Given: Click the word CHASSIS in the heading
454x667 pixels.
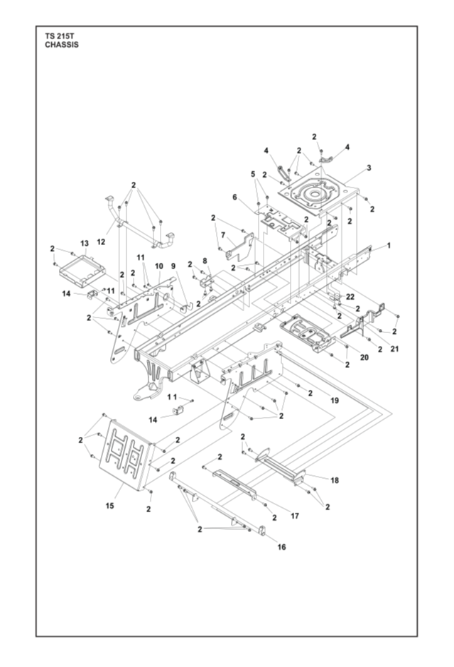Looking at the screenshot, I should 61,44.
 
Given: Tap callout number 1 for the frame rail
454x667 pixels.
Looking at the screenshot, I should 389,245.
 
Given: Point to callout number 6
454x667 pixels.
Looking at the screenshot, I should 234,198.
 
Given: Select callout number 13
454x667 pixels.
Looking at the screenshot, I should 85,242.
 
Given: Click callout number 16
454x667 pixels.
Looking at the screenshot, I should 281,547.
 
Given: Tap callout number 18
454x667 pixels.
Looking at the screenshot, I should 334,480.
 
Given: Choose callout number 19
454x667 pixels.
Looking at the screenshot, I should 334,401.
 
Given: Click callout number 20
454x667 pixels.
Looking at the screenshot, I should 364,357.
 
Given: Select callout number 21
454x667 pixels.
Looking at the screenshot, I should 395,349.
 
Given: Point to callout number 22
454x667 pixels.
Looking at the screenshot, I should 350,296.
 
